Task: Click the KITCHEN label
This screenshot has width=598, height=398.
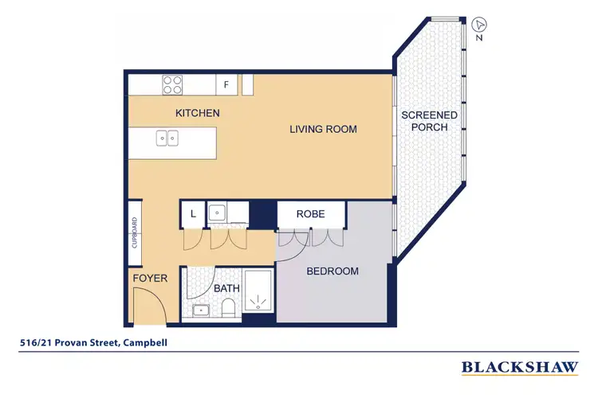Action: click(x=198, y=113)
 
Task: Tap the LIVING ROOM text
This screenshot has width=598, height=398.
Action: click(x=322, y=129)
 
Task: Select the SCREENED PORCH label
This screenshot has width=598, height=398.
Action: click(x=429, y=121)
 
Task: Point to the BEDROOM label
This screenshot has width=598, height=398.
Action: click(x=333, y=271)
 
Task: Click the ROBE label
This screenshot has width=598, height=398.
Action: click(x=310, y=214)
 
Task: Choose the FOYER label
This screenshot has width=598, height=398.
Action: click(x=150, y=278)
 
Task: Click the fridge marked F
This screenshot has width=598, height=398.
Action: click(x=226, y=84)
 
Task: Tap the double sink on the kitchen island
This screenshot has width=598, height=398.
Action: click(x=167, y=139)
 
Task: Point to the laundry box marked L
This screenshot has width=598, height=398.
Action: click(x=192, y=213)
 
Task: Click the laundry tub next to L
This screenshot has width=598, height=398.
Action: click(x=218, y=213)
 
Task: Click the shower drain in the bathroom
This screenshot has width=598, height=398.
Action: click(x=257, y=302)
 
